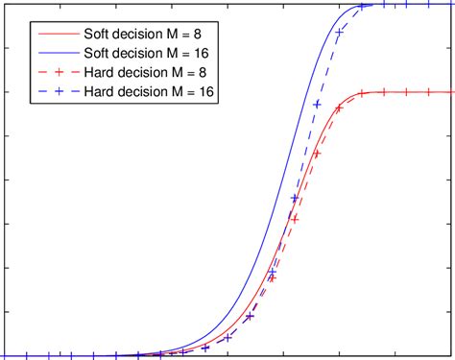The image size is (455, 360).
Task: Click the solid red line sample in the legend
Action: point(59,37)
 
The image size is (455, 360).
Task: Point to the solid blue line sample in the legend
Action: point(59,55)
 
